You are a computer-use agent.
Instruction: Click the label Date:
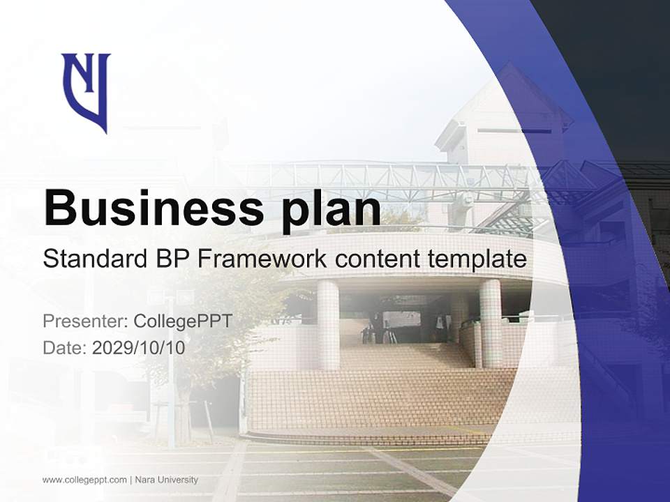64,347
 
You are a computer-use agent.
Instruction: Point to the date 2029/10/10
139,347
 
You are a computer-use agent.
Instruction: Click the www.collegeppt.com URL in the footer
84,480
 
